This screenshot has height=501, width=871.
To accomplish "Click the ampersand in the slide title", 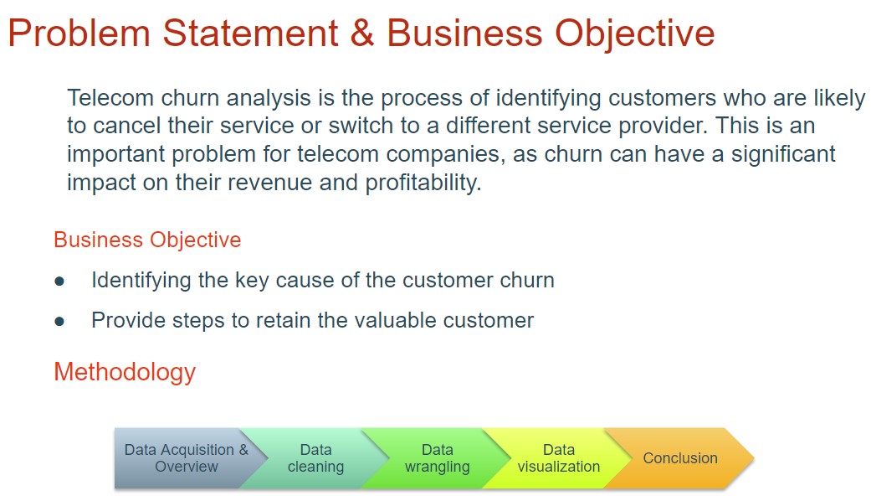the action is click(x=362, y=33).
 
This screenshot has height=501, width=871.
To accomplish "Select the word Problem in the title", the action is click(x=79, y=33).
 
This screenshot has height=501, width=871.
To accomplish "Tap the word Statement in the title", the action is click(x=250, y=33).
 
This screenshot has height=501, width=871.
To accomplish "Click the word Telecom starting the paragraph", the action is click(x=110, y=98).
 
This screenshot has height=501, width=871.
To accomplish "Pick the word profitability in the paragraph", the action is click(x=423, y=183).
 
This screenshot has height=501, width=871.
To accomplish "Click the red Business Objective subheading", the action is click(x=147, y=240).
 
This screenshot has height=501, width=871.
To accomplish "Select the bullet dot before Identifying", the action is click(x=59, y=281).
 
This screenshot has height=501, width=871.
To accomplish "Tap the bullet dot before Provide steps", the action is click(x=59, y=322).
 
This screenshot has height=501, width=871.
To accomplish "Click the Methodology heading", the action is click(x=125, y=372).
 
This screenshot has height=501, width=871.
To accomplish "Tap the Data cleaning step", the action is click(x=315, y=458).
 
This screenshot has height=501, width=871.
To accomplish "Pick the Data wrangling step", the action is click(x=437, y=458).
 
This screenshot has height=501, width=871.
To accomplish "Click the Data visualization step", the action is click(x=559, y=458).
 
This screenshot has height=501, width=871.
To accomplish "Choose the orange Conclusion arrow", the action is click(x=680, y=458).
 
